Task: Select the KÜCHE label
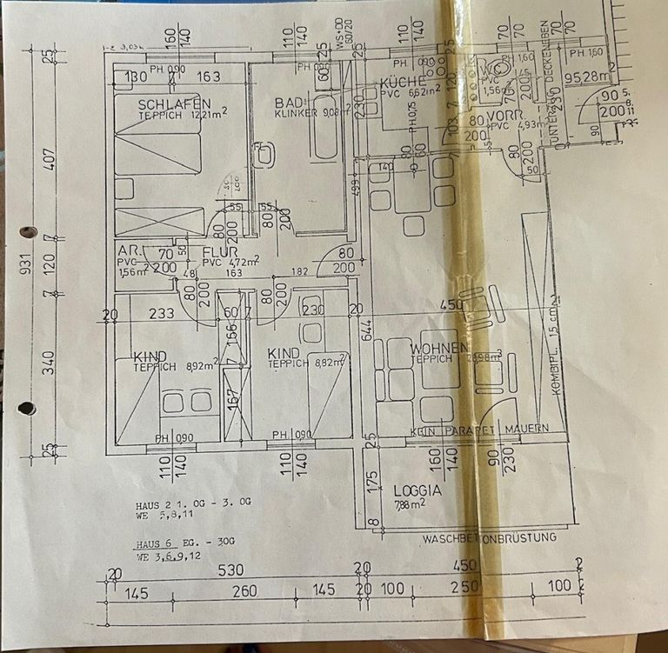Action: click(401, 83)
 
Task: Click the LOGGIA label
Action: click(417, 490)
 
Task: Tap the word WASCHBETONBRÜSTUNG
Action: click(489, 538)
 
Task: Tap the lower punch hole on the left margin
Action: click(27, 407)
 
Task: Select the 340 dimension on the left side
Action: click(50, 361)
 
